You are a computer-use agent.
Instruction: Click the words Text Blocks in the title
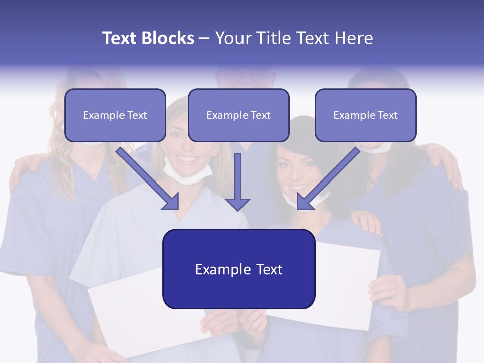pos(148,38)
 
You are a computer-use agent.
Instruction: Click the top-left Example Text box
pos(115,115)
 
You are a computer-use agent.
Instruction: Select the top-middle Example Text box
pos(238,115)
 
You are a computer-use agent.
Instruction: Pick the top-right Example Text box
pos(366,115)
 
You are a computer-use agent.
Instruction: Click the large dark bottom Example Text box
pos(238,269)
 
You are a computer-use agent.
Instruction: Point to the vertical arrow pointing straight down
pos(237,181)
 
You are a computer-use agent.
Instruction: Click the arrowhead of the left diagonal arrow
pos(171,201)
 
